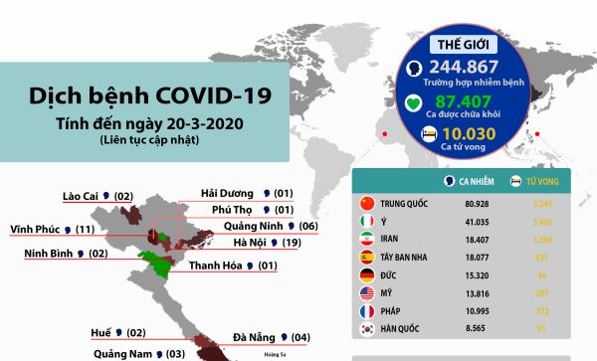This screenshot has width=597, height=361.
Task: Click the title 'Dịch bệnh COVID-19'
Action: [148, 97]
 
